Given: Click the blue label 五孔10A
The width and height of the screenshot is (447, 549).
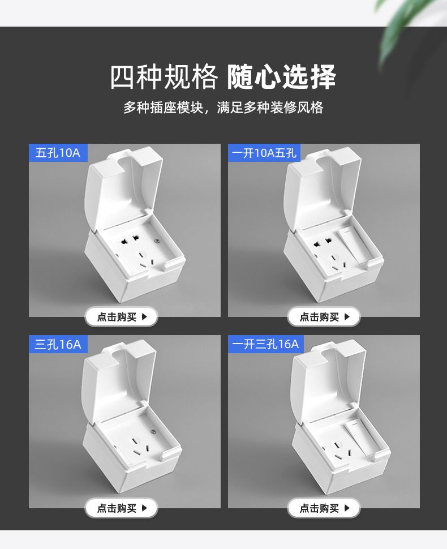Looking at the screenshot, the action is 58,153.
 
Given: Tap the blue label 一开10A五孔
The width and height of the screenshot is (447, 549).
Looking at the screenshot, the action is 264,153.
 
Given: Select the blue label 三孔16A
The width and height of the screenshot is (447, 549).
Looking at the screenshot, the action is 58,344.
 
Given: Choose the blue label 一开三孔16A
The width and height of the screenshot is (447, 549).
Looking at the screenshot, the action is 266,344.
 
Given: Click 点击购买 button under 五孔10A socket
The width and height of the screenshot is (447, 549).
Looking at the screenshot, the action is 122,317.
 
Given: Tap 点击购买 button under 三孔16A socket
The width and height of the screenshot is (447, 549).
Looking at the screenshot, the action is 122,508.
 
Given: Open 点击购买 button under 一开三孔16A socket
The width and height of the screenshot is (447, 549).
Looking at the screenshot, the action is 324,508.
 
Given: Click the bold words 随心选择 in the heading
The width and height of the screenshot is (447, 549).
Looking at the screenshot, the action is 282,77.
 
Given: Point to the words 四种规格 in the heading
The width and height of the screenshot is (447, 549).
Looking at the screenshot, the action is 164,77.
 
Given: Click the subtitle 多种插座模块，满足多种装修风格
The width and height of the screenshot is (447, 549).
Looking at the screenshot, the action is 223,108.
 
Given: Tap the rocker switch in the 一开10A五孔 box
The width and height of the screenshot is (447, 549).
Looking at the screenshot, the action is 353,246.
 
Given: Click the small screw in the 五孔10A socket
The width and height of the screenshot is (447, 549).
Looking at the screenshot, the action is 157,241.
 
